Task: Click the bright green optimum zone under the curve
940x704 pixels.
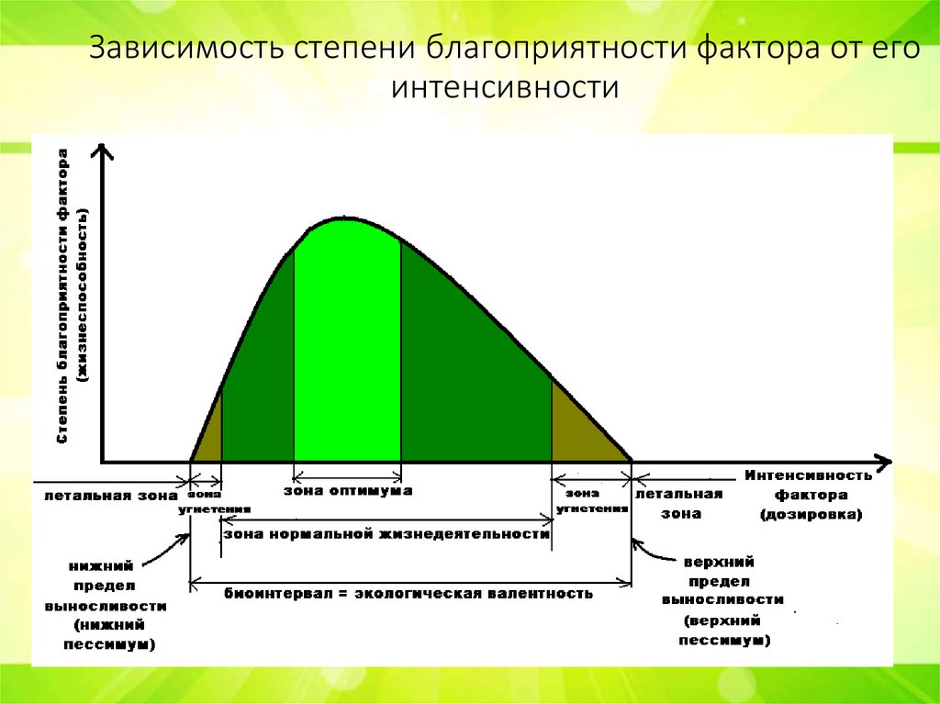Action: pos(347,349)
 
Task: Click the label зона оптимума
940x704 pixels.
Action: pos(347,491)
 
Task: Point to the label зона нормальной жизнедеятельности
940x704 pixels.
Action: pos(386,533)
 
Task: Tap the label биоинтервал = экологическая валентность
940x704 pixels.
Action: pos(408,593)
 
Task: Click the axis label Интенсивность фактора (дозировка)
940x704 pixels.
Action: pos(808,496)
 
